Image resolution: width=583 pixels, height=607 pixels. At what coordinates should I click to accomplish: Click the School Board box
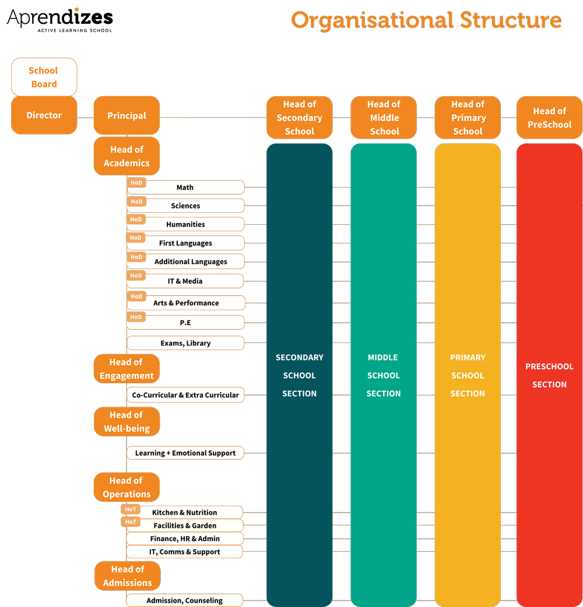(44, 77)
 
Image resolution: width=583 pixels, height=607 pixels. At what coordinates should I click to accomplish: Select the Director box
(44, 115)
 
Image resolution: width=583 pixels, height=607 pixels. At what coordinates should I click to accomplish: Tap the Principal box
(127, 115)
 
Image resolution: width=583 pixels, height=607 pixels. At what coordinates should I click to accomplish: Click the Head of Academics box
(127, 156)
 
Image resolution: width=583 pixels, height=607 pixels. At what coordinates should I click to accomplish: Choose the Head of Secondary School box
(299, 118)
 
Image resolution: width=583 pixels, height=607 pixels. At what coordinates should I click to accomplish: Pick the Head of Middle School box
(384, 118)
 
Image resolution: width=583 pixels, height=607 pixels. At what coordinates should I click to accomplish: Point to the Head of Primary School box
(468, 118)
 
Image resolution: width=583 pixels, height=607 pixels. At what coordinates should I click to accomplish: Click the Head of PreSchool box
(549, 118)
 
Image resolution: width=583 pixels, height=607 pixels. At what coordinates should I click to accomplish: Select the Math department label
(185, 188)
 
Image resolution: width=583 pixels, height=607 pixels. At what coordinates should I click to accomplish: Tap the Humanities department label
(185, 224)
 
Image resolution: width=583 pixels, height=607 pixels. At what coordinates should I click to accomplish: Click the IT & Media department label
(185, 281)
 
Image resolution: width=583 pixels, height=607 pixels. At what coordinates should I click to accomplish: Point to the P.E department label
(185, 322)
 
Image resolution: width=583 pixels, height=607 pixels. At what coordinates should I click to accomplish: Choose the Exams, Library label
(185, 343)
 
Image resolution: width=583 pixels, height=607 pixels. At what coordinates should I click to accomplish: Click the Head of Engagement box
(127, 369)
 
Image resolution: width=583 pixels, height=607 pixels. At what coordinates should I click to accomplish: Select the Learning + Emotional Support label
(185, 453)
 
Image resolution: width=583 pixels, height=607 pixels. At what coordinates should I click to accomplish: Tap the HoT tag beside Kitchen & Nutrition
(131, 509)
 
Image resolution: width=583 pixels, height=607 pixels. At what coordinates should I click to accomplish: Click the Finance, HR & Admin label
(185, 538)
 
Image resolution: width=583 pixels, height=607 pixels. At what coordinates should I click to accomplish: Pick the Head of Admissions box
(127, 576)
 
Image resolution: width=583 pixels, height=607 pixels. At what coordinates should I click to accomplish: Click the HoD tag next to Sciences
(136, 202)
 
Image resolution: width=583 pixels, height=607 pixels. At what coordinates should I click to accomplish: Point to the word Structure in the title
(511, 20)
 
